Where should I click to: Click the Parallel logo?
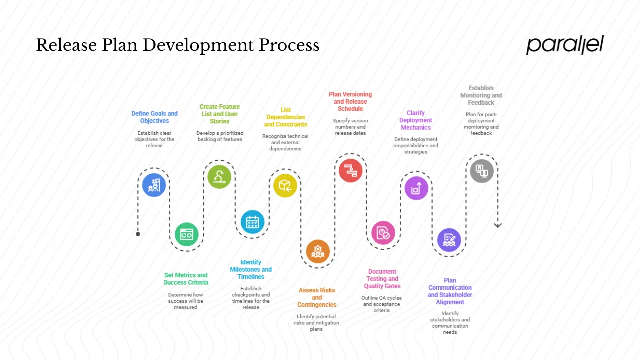[x=565, y=45]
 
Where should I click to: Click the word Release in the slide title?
[x=65, y=45]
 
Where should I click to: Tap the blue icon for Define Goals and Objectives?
[x=154, y=185]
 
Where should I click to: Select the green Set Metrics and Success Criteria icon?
[x=187, y=234]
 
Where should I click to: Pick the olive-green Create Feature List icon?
[x=219, y=177]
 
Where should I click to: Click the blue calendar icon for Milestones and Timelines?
[x=252, y=222]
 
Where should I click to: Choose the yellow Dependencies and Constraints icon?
[x=285, y=186]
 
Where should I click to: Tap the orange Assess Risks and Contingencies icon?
[x=318, y=251]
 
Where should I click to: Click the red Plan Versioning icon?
[x=350, y=170]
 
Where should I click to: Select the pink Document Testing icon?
[x=383, y=233]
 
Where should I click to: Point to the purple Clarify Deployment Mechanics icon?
[x=416, y=188]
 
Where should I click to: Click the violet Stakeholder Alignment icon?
[x=449, y=240]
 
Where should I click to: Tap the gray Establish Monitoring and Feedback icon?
[x=482, y=171]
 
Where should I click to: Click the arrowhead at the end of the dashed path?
[x=497, y=225]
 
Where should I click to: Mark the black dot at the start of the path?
[x=138, y=234]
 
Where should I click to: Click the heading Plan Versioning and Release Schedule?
[x=350, y=101]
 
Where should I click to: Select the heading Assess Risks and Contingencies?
[x=317, y=297]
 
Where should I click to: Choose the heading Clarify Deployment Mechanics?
[x=416, y=120]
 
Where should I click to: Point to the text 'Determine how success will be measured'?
[x=186, y=301]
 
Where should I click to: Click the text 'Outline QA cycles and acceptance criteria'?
[x=382, y=304]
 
